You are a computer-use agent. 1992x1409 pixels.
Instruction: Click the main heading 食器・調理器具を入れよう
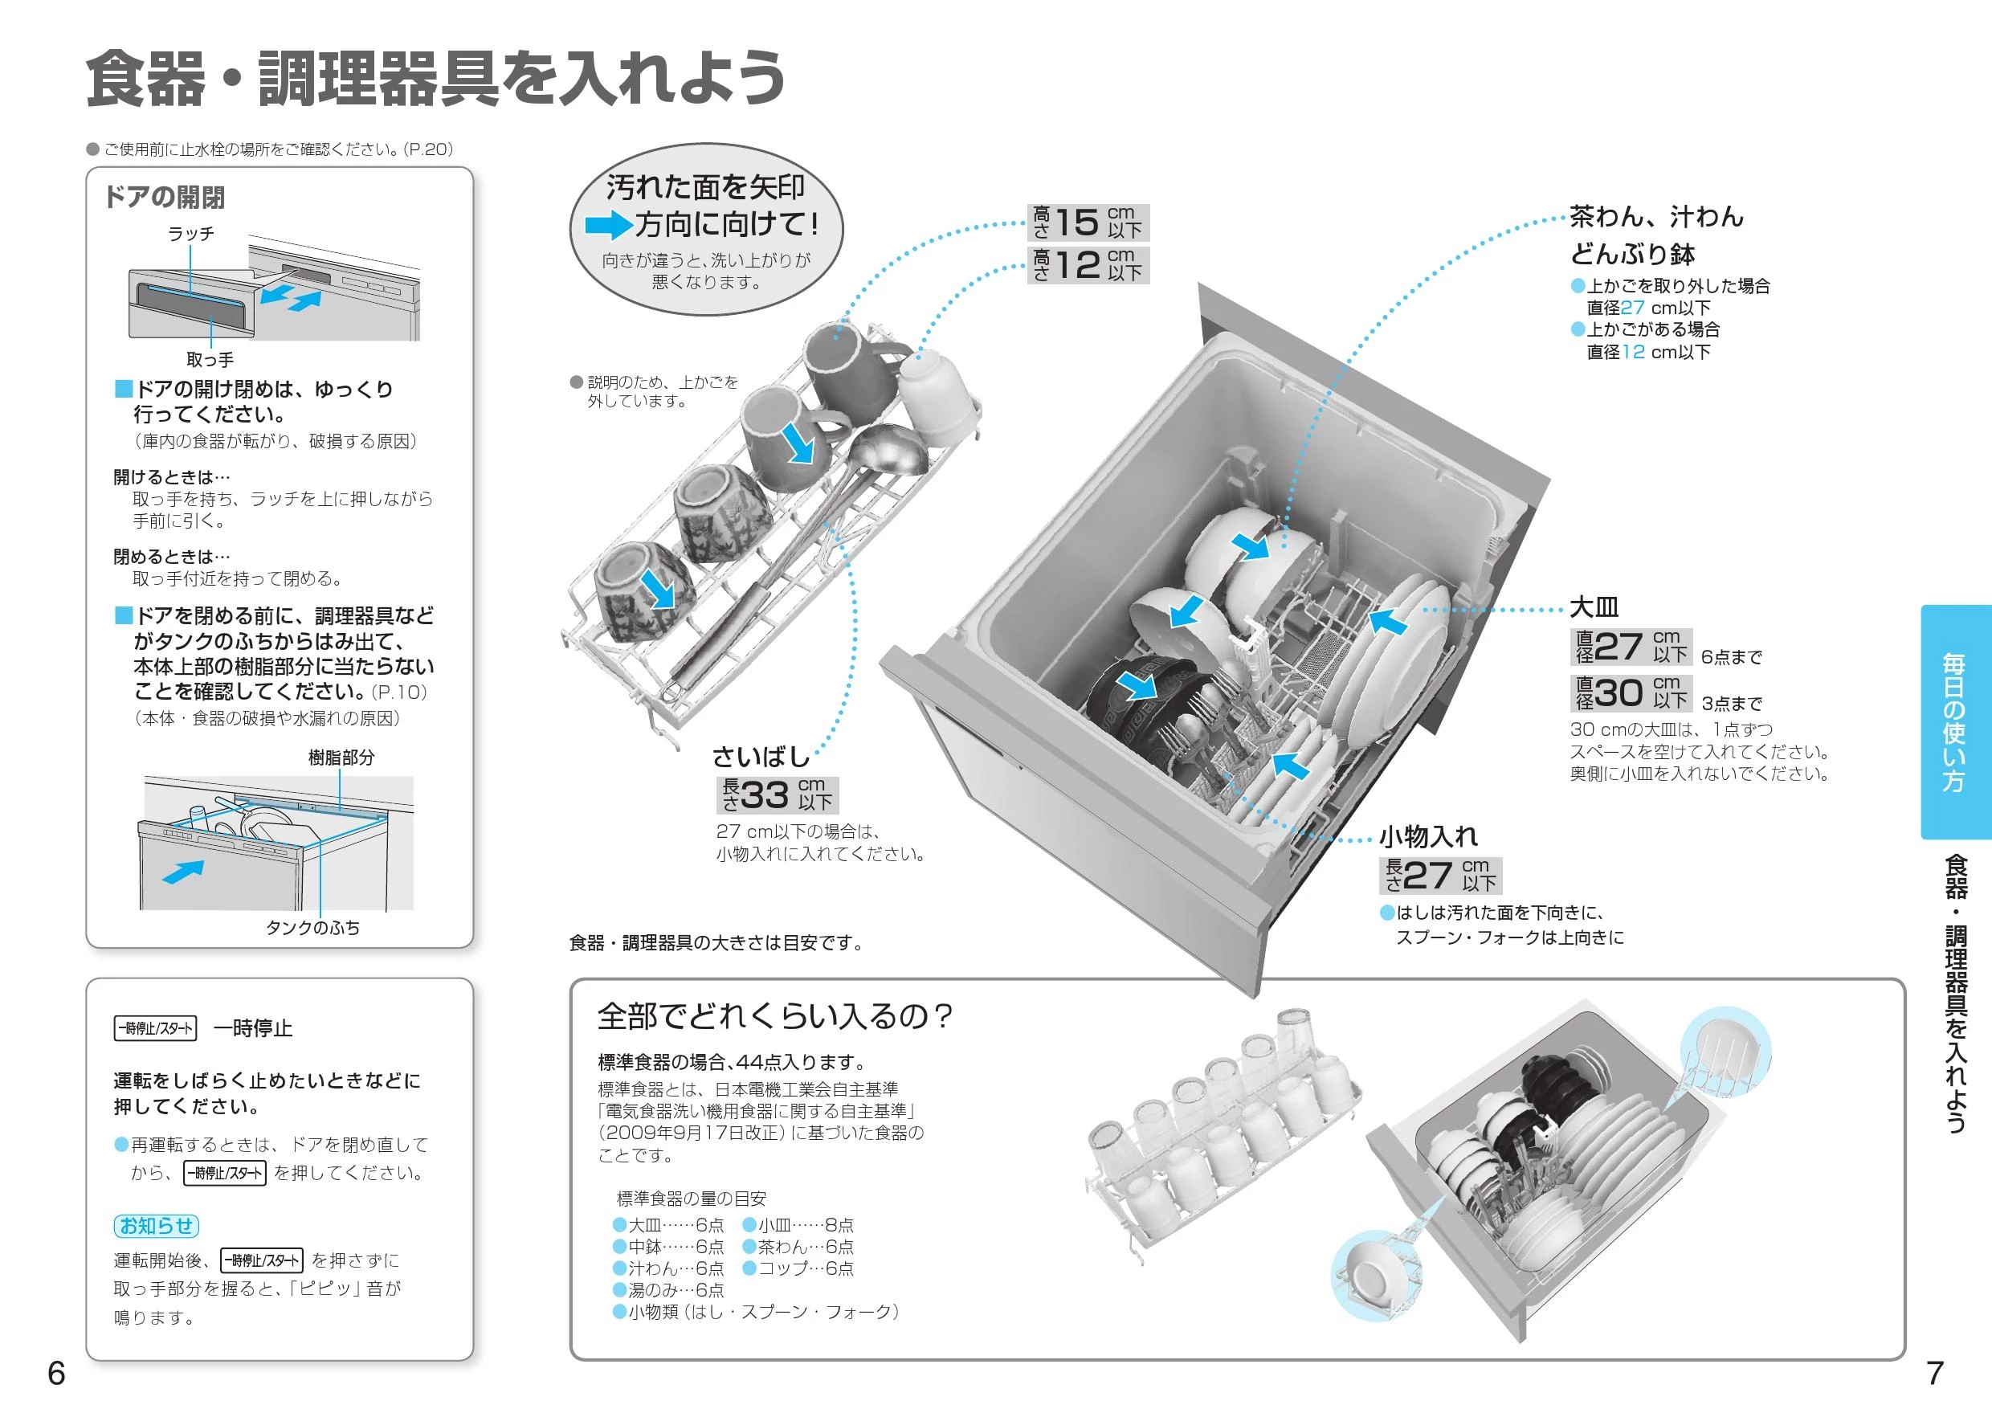pyautogui.click(x=436, y=79)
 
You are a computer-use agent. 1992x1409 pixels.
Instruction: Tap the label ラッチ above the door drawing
pyautogui.click(x=191, y=234)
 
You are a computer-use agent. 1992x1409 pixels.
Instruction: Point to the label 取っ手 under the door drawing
pyautogui.click(x=210, y=359)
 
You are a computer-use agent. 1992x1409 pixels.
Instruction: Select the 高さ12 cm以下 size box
pyautogui.click(x=1088, y=264)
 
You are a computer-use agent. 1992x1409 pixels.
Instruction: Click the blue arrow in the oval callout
pyautogui.click(x=608, y=227)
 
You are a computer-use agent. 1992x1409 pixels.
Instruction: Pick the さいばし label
pyautogui.click(x=761, y=757)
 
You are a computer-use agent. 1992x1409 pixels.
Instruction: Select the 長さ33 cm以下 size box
pyautogui.click(x=778, y=794)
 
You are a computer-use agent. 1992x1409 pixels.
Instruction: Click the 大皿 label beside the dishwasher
pyautogui.click(x=1594, y=606)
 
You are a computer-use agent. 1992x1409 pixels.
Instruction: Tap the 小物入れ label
pyautogui.click(x=1428, y=836)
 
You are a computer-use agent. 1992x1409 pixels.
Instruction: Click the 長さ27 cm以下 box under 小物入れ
pyautogui.click(x=1440, y=876)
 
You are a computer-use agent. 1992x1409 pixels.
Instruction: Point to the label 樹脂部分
pyautogui.click(x=341, y=758)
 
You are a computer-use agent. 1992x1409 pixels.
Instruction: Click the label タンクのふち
pyautogui.click(x=312, y=929)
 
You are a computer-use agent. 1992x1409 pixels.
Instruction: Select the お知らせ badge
pyautogui.click(x=156, y=1225)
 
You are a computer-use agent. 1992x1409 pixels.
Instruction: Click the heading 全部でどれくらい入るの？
pyautogui.click(x=775, y=1015)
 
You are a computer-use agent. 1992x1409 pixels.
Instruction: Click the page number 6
pyautogui.click(x=56, y=1374)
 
